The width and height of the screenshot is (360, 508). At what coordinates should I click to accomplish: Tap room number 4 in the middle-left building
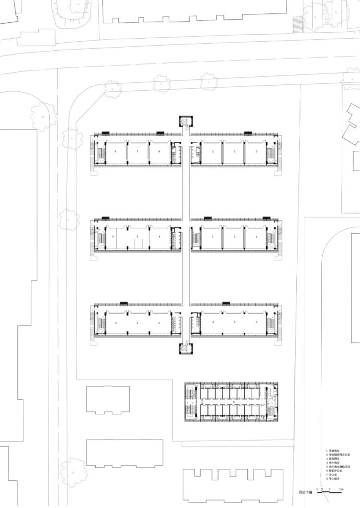pyautogui.click(x=159, y=237)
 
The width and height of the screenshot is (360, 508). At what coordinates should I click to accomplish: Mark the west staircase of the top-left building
pyautogui.click(x=100, y=154)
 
